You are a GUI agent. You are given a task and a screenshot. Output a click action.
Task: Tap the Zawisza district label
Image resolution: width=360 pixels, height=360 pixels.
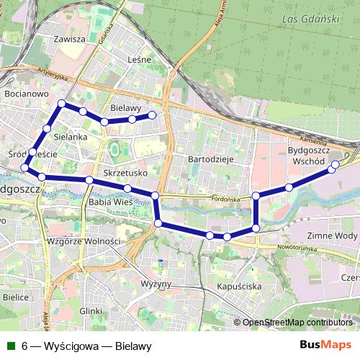point(74,40)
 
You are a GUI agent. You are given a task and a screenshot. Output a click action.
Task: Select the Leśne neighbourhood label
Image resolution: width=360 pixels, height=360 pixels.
point(138,60)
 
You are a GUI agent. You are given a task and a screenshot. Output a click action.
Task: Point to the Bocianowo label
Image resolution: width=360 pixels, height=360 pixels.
point(25,94)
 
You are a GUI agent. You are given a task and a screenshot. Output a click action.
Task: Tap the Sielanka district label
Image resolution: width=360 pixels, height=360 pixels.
point(70,135)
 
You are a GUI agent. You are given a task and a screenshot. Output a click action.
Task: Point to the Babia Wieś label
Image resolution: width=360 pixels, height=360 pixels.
point(108,204)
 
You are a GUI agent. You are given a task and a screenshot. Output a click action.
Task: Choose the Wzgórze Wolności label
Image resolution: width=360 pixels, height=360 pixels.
point(82,240)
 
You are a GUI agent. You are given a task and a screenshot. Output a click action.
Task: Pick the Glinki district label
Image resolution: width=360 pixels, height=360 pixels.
point(91,310)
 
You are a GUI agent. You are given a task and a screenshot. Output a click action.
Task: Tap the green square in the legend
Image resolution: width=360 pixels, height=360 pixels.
point(10,346)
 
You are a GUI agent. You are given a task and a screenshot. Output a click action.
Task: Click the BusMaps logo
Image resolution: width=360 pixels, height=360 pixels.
point(325,346)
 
